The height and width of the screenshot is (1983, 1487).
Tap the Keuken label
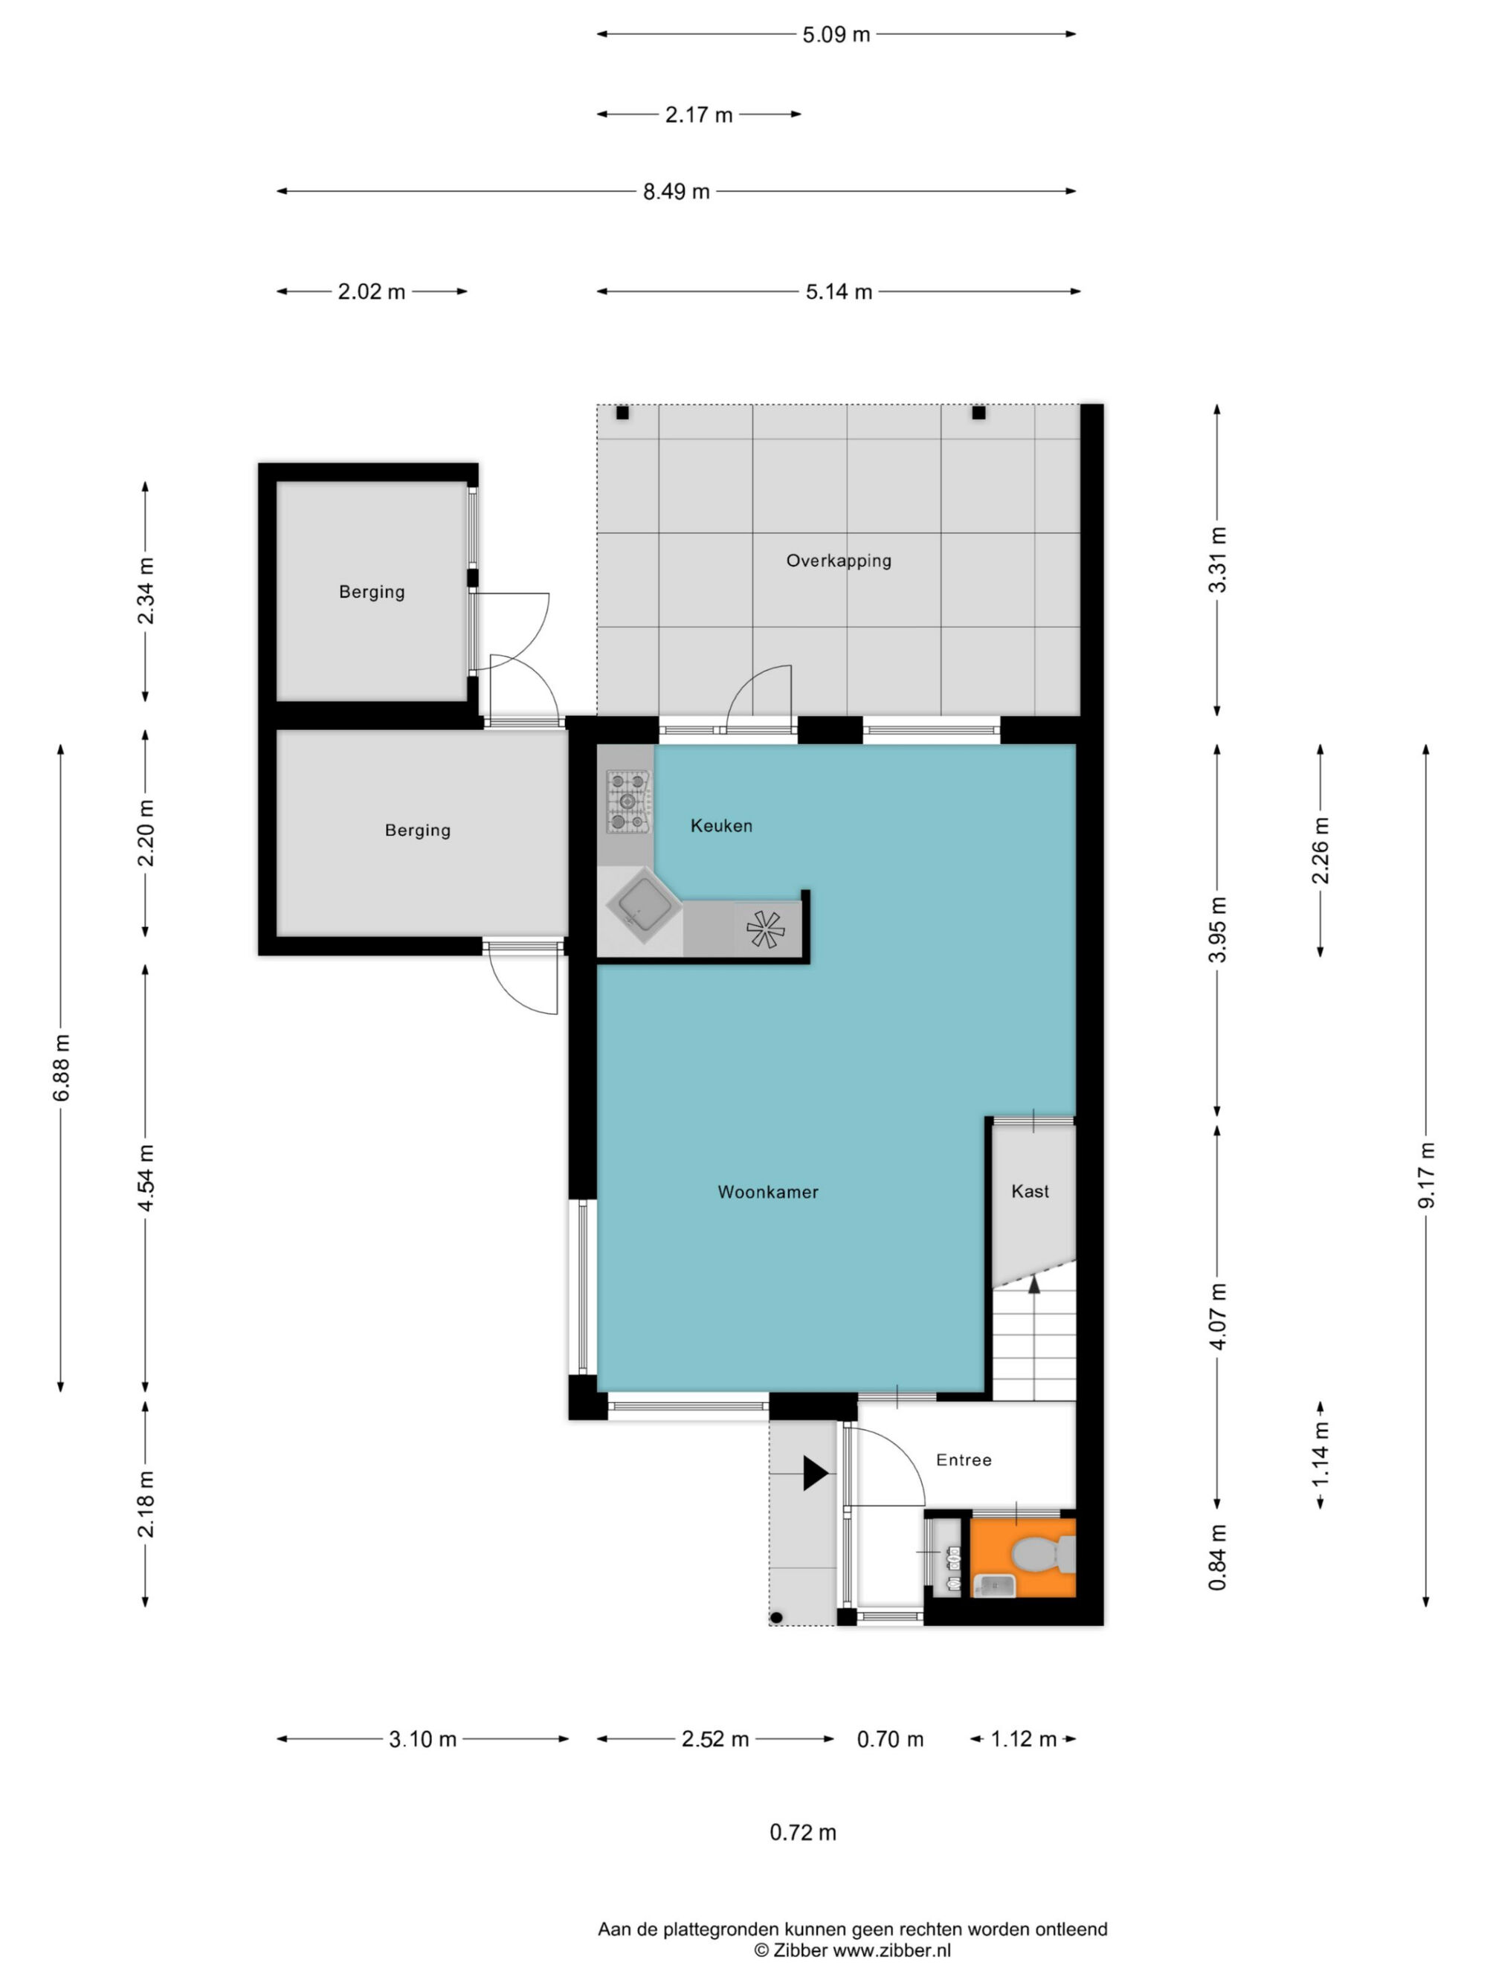[720, 825]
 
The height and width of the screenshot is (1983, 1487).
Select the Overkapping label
[838, 561]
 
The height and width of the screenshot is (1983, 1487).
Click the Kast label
[1030, 1190]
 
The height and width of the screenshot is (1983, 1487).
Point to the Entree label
[964, 1460]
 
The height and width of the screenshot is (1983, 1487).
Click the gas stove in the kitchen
[628, 801]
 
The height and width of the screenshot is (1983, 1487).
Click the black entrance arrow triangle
[814, 1473]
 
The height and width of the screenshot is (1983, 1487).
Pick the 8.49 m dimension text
[676, 191]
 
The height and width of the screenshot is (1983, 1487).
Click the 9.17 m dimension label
[1425, 1176]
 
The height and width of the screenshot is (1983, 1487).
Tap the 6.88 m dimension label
[61, 1068]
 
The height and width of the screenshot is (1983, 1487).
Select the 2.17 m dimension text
[698, 115]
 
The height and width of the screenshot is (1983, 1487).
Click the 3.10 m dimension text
[422, 1739]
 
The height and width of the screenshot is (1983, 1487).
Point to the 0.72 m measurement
[802, 1832]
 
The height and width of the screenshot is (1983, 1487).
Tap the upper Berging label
[371, 592]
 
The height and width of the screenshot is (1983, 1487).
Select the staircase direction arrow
[1033, 1286]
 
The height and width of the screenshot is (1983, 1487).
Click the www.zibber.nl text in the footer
[892, 1950]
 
